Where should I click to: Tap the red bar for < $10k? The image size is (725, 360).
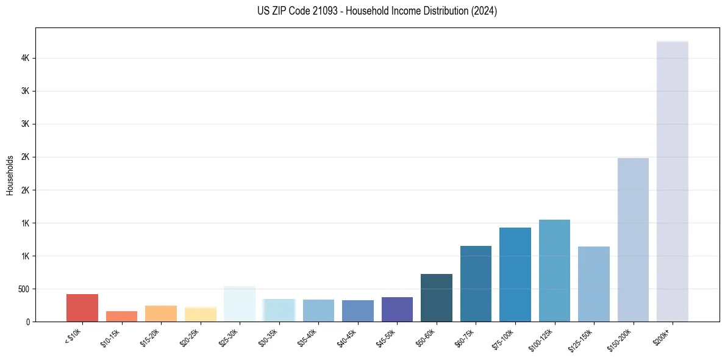82,308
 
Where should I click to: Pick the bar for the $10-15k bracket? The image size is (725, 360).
121,316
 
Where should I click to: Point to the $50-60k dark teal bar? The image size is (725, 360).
437,298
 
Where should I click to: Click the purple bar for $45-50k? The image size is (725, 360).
397,309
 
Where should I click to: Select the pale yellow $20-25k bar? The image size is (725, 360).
200,314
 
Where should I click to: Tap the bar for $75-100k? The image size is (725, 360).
515,275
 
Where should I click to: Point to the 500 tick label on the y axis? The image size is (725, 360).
24,289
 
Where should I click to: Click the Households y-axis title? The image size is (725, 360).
10,175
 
